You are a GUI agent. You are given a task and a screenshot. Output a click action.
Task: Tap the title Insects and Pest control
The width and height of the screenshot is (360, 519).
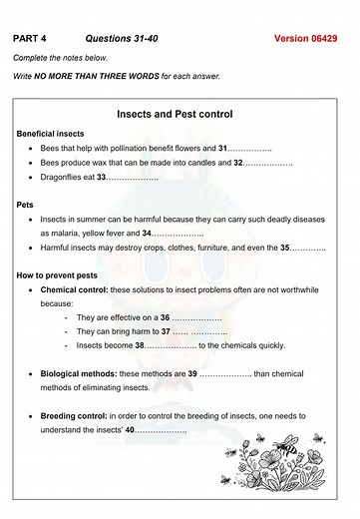pyautogui.click(x=180, y=114)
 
